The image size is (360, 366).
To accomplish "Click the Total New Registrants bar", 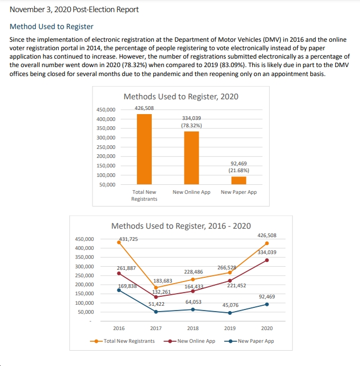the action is pos(144,149).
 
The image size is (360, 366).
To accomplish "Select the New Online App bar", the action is pos(191,158).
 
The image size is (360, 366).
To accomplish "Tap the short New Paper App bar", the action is pos(239,181).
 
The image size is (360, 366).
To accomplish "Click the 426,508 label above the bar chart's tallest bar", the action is pos(144,108).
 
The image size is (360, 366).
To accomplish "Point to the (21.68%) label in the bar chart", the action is pos(239,171).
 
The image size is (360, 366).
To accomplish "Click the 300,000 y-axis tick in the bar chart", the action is pos(106,138).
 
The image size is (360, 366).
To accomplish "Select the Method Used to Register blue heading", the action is pos(51,26).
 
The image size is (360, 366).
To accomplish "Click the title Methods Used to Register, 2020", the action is pos(181,97).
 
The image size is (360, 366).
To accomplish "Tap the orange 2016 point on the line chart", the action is pos(119,242).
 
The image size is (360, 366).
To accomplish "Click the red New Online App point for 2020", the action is pos(267,260).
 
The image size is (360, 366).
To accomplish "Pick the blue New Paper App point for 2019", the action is pos(230,313).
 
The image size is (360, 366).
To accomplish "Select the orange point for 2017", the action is pos(156,288).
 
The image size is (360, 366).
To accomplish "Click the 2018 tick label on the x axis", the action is pos(193,328).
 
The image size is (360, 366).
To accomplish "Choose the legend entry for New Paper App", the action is pos(249,341).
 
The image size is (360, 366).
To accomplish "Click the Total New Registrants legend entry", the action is pos(122,341).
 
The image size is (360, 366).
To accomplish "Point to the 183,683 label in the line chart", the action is pos(163,281).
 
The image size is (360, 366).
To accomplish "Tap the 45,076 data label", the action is pos(230,305).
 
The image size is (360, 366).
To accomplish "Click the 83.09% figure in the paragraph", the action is pos(235,65).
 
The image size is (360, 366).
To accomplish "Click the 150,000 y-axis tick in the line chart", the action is pos(85,294).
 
